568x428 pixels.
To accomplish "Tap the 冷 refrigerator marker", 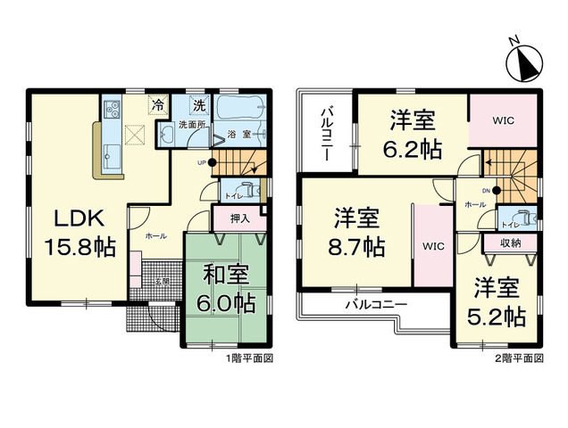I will pos(158,105).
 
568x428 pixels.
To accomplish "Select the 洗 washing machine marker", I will pos(200,105).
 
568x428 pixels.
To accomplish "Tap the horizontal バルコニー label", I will pos(376,304).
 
